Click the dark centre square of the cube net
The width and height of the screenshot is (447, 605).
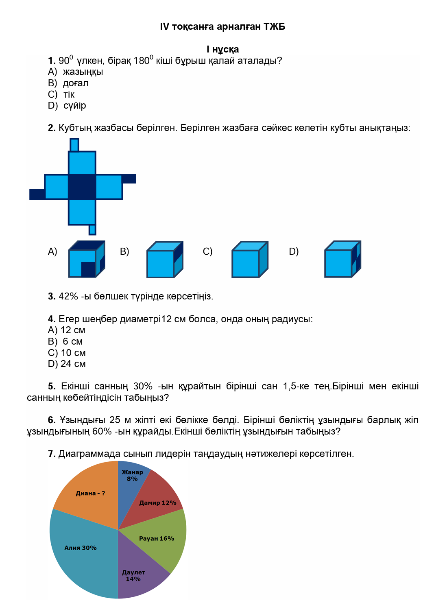pyautogui.click(x=82, y=187)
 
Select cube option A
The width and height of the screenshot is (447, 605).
pyautogui.click(x=86, y=259)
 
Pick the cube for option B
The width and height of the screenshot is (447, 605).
pyautogui.click(x=164, y=260)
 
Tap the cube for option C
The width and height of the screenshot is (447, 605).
pyautogui.click(x=249, y=260)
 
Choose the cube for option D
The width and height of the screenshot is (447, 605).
pyautogui.click(x=342, y=259)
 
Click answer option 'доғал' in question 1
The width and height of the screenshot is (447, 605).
pyautogui.click(x=76, y=83)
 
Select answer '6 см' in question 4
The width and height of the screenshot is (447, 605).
pyautogui.click(x=72, y=342)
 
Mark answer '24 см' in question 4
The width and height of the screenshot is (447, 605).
pyautogui.click(x=73, y=364)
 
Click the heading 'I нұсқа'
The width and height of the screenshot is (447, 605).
pyautogui.click(x=222, y=50)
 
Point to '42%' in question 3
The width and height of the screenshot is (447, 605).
pyautogui.click(x=68, y=297)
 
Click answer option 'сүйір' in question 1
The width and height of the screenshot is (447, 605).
pyautogui.click(x=75, y=106)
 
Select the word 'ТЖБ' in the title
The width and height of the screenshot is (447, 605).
pyautogui.click(x=274, y=27)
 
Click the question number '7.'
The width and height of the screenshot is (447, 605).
pyautogui.click(x=52, y=454)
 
